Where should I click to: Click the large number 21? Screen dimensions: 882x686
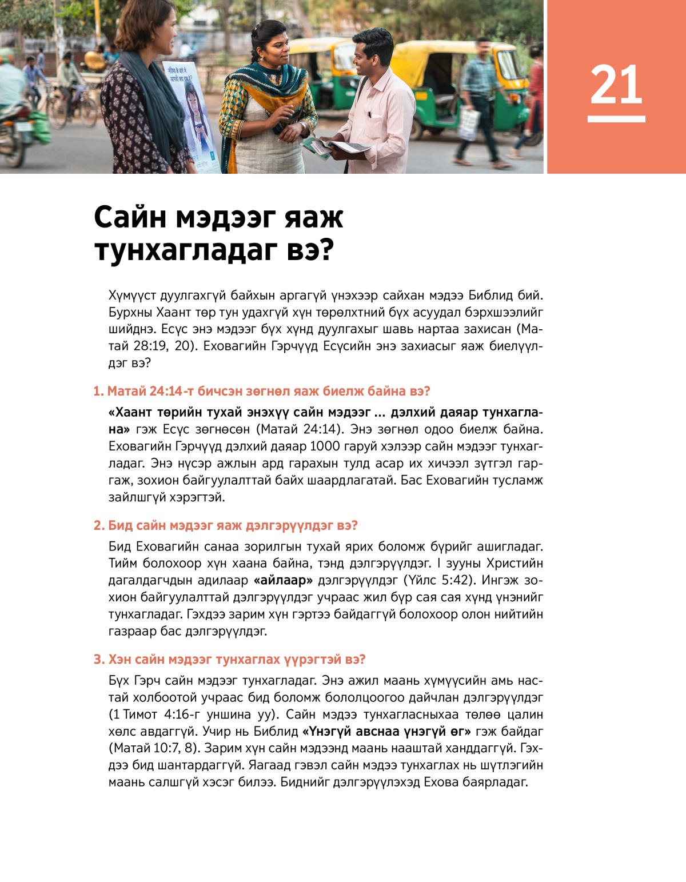tap(616, 84)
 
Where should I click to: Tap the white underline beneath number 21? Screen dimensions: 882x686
tap(616, 119)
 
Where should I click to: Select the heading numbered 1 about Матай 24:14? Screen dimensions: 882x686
tap(262, 392)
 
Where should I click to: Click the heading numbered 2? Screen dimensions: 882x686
tap(226, 526)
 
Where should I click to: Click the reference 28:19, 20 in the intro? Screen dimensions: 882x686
tap(163, 346)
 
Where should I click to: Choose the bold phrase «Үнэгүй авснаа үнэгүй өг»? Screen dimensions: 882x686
tap(386, 732)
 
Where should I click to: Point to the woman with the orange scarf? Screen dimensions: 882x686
tap(269, 97)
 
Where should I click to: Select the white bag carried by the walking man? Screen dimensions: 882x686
tap(469, 123)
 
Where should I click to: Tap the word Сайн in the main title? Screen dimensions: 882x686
tap(130, 217)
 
